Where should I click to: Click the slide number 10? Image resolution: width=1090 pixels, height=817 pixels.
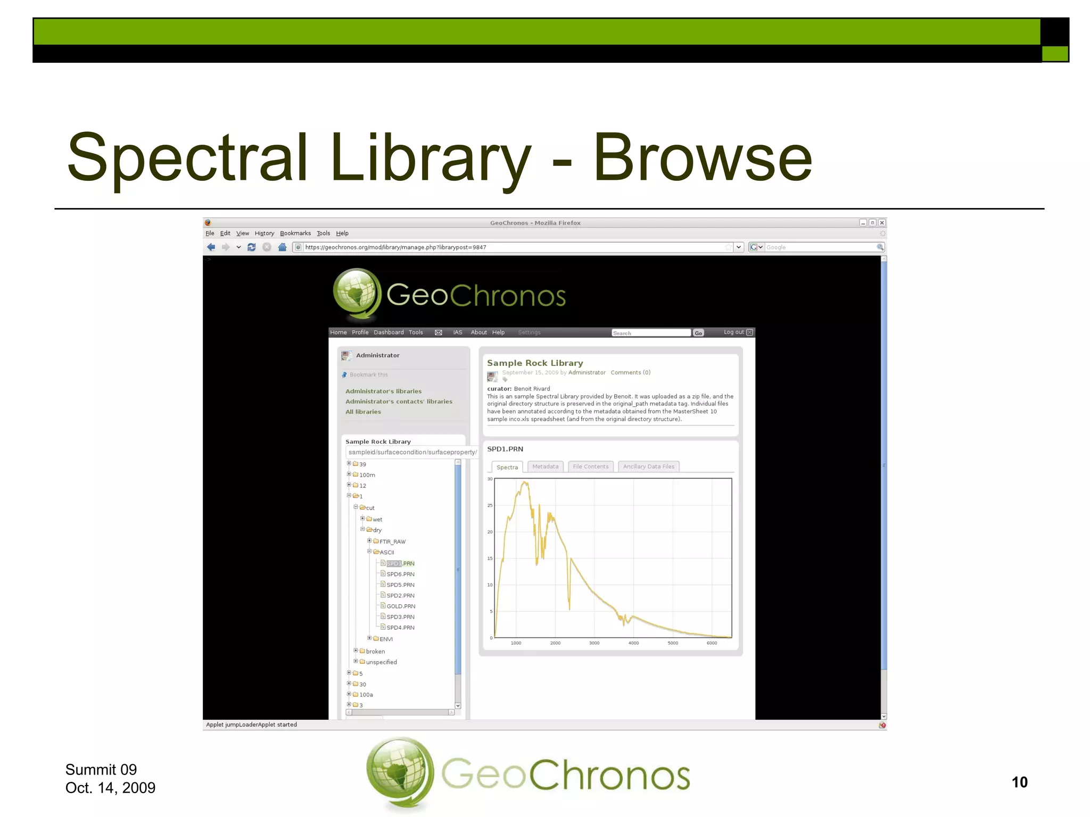click(x=1019, y=782)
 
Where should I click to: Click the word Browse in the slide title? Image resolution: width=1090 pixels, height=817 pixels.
click(x=703, y=157)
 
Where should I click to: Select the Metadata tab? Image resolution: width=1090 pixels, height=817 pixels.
click(x=545, y=466)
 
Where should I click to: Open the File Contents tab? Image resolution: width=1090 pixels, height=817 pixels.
click(x=590, y=466)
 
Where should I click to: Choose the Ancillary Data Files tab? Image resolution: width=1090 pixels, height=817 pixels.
click(x=648, y=466)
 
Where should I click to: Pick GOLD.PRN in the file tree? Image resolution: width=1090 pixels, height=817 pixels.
click(x=400, y=606)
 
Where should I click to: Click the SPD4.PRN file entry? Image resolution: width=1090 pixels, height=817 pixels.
click(x=400, y=628)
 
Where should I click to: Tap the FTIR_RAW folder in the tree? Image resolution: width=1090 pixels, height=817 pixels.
click(x=392, y=541)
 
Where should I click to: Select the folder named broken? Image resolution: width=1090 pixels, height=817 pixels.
click(x=375, y=652)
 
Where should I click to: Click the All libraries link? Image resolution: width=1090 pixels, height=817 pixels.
click(x=363, y=412)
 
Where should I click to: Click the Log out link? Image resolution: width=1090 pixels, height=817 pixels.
click(x=733, y=332)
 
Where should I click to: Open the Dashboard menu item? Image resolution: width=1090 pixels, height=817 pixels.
click(x=389, y=332)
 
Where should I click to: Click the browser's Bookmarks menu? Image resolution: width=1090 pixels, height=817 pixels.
click(x=295, y=233)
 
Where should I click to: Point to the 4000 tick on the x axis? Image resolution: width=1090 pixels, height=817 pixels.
click(x=633, y=643)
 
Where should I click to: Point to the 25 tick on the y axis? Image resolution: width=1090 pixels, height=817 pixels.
click(x=490, y=505)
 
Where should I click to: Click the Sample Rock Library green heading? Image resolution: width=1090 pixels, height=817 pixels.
click(x=535, y=363)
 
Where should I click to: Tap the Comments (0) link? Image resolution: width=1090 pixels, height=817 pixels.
click(x=630, y=372)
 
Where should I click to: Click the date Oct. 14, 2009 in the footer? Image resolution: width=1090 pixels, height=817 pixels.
click(x=110, y=788)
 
